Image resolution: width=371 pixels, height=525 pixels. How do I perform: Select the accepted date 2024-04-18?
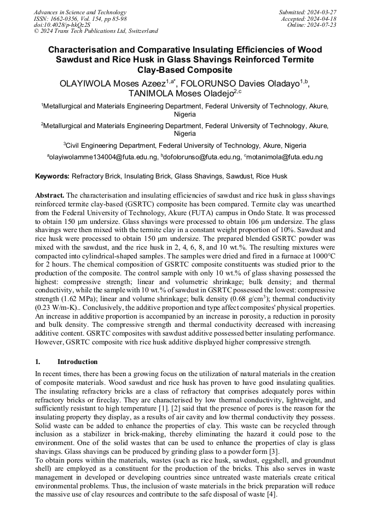click(323, 19)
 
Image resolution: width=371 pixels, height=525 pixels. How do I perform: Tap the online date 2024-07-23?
click(323, 25)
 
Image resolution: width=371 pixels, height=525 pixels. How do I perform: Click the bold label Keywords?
click(52, 176)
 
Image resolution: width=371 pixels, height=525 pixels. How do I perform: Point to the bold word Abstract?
click(50, 195)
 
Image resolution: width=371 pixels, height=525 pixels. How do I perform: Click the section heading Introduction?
click(77, 362)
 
